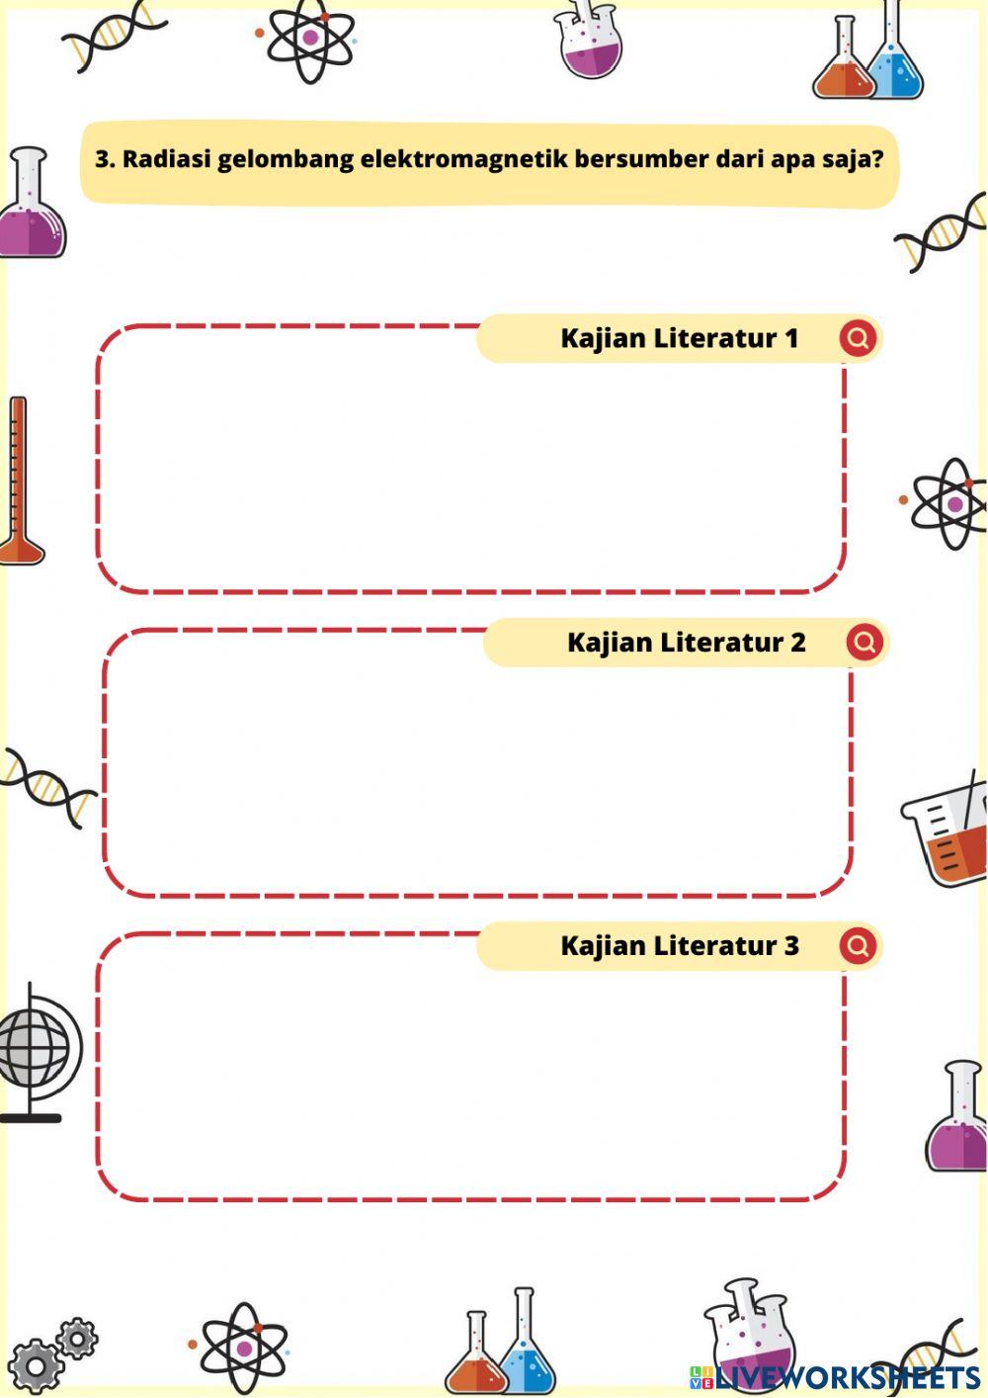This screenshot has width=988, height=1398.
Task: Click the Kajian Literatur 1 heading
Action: coord(679,338)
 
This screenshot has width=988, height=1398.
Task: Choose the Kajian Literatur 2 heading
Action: coord(686,643)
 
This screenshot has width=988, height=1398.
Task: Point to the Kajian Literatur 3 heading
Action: coord(679,946)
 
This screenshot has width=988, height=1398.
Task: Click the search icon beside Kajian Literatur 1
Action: coord(858,338)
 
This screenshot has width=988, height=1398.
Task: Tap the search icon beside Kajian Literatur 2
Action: coord(864,643)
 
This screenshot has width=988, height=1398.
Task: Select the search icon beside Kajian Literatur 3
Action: coord(858,946)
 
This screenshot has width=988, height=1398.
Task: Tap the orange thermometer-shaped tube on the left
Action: coord(19,480)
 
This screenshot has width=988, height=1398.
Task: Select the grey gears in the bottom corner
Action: coord(54,1353)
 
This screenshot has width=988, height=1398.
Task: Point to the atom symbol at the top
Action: coord(310,39)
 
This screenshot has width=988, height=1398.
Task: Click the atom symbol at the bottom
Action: coord(243,1348)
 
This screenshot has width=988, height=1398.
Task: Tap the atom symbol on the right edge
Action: coord(951,503)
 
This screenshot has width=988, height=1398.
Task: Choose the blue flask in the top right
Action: coord(896,59)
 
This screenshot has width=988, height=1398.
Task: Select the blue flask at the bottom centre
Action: coord(527,1345)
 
